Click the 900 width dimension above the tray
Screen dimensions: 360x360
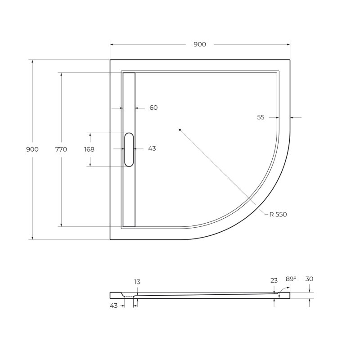(x=200, y=44)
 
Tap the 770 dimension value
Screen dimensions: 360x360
(x=61, y=149)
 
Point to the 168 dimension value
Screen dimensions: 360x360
(x=89, y=149)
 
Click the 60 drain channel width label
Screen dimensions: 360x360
(x=153, y=108)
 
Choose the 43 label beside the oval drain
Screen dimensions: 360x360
(x=152, y=148)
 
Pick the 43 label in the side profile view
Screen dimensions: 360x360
(x=113, y=306)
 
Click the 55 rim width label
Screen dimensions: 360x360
(x=261, y=117)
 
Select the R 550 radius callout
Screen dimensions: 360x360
(x=278, y=215)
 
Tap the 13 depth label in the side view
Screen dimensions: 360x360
(x=137, y=282)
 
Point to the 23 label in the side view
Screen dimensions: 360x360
(x=274, y=280)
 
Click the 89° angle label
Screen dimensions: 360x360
(x=291, y=279)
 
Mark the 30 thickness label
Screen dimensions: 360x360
(x=309, y=279)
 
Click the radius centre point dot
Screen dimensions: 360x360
(x=180, y=130)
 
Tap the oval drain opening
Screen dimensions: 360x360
(x=129, y=149)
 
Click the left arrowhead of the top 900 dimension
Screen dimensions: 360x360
(x=112, y=45)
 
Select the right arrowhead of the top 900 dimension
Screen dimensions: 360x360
(x=288, y=45)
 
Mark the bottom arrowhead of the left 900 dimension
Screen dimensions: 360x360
(x=32, y=238)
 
